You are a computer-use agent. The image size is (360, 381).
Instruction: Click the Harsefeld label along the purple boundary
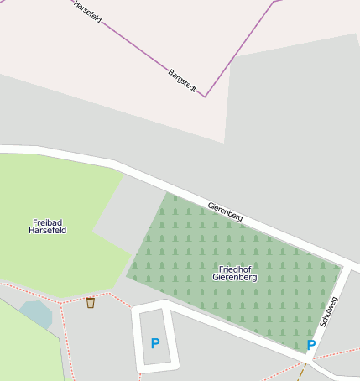tap(87, 10)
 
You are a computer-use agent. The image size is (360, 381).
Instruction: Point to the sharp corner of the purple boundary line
tap(205, 97)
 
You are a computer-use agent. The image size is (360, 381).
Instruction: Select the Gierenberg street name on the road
tap(225, 211)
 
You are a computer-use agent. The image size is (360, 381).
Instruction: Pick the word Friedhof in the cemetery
tap(235, 269)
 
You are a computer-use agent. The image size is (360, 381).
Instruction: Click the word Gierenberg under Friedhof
tap(235, 277)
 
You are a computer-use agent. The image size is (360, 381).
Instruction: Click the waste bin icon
tap(90, 302)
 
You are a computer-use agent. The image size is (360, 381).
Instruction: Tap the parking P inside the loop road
tap(154, 343)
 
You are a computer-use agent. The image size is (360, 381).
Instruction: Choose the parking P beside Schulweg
tap(310, 345)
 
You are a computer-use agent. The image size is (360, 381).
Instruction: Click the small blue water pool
tap(36, 315)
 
